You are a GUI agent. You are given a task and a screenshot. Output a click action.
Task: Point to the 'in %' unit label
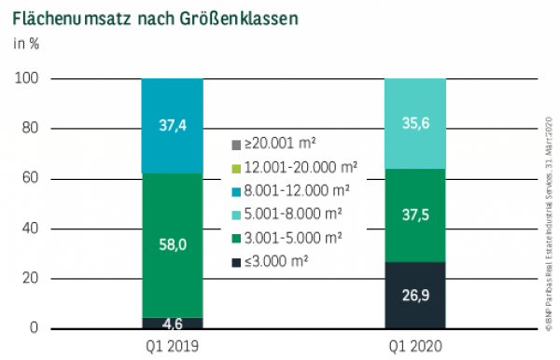tap(26, 43)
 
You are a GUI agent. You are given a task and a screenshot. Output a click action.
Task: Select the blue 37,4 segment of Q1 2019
tap(172, 126)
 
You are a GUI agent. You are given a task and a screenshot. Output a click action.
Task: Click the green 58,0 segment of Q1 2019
tap(172, 245)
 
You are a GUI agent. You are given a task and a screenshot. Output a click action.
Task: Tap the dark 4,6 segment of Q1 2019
tap(172, 324)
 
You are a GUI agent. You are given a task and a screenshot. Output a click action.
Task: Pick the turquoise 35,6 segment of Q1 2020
tap(415, 123)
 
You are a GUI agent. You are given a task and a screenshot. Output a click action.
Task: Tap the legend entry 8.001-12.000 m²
tap(287, 190)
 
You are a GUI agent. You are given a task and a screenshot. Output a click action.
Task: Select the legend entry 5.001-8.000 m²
tap(285, 213)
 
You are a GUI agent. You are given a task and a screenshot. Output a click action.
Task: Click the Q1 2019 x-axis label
tap(172, 346)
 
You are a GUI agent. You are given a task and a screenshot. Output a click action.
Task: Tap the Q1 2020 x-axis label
tap(415, 346)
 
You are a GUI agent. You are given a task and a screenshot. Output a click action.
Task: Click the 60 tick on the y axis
tap(29, 178)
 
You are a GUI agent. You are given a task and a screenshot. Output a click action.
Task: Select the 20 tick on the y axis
tap(29, 279)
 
